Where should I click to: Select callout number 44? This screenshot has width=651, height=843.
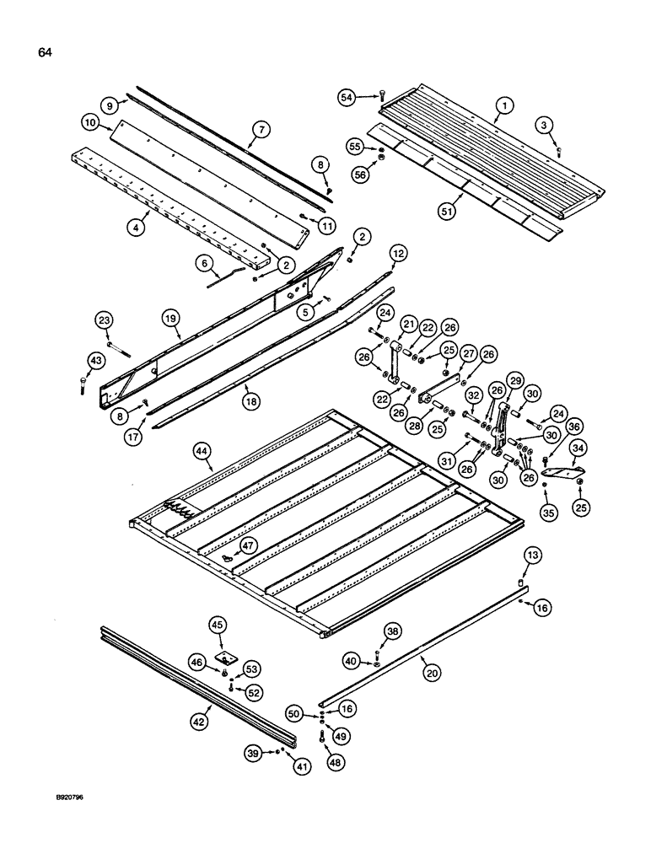tap(202, 453)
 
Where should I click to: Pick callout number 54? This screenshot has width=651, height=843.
tap(369, 97)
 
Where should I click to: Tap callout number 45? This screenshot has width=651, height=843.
tap(218, 625)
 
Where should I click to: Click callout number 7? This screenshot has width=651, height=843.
tap(261, 130)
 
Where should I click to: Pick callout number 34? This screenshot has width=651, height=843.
tap(578, 448)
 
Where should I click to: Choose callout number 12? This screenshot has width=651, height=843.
tap(397, 252)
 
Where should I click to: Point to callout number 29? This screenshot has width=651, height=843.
tap(514, 380)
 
